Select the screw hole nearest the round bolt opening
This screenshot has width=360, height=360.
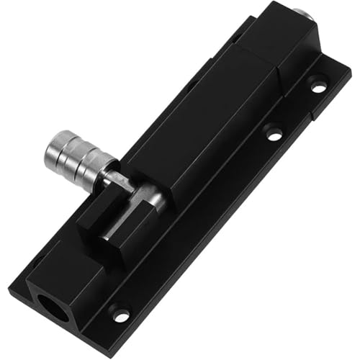click(120, 315)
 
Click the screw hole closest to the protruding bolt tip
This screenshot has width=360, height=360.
click(318, 86)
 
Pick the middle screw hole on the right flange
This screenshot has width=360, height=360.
click(272, 132)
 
